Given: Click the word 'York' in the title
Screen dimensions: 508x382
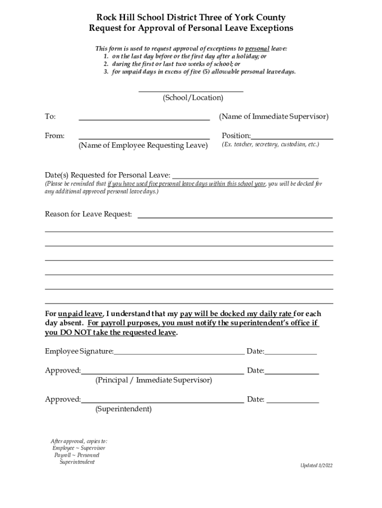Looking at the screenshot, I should [244, 18].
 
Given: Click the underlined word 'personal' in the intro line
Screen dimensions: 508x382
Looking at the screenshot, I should [257, 49].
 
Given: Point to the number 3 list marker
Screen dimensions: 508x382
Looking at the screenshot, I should [106, 71].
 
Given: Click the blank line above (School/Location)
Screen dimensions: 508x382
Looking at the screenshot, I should [191, 91].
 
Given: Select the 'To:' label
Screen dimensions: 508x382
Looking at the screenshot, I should [50, 117].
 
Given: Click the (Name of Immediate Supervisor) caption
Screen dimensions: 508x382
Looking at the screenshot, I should [273, 117].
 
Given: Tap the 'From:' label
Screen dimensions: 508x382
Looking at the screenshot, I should [55, 136].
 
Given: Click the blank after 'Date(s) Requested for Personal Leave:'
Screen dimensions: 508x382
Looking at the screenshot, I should [245, 177].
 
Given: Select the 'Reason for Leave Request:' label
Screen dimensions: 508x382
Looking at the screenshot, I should [89, 214].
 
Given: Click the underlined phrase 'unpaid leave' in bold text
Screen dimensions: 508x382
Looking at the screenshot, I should [80, 314].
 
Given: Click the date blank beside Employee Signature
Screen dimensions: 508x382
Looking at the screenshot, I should [291, 354].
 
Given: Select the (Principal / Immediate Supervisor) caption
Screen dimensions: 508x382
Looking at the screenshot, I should [154, 381].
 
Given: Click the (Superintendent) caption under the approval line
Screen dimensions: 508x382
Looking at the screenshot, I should [124, 409].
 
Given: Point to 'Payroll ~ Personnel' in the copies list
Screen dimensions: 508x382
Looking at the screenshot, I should [77, 455].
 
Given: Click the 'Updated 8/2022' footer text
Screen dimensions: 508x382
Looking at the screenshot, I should [316, 465].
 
